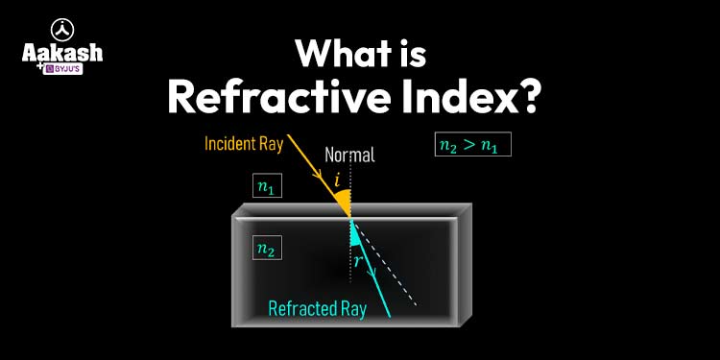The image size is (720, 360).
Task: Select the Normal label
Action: [349, 155]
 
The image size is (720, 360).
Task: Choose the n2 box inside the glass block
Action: [267, 249]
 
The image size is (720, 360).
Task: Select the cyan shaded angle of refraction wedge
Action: [356, 233]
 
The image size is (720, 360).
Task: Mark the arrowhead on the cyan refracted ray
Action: [372, 271]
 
